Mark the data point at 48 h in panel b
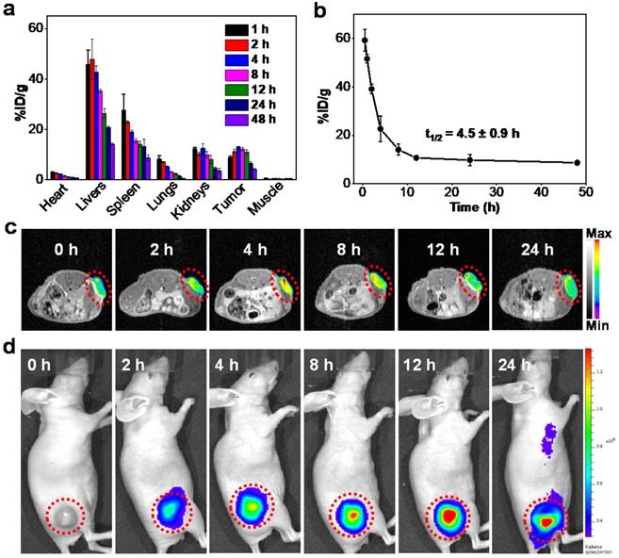pos(577,163)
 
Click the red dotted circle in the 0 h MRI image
pos(98,287)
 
